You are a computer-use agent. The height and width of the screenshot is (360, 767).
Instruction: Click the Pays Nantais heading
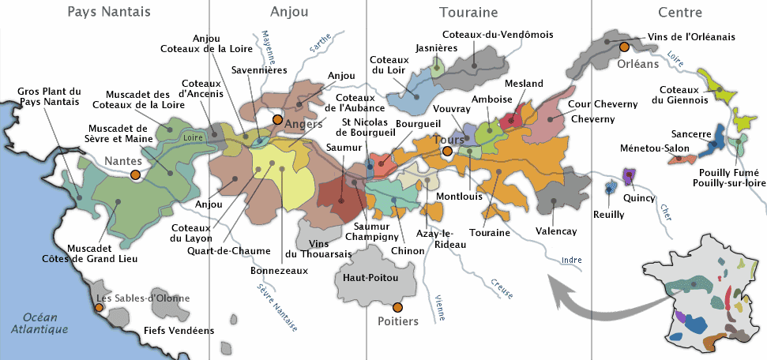(x=109, y=12)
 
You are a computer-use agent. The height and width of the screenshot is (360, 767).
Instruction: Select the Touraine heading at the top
(x=468, y=12)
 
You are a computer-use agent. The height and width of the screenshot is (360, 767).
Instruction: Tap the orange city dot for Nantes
(x=136, y=174)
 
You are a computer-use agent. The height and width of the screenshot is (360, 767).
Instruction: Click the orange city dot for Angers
(x=277, y=119)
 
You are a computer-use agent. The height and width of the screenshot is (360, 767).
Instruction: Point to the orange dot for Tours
(x=447, y=151)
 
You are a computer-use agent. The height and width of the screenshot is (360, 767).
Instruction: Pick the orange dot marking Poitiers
(x=397, y=306)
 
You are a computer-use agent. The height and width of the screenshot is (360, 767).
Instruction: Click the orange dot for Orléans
(x=625, y=46)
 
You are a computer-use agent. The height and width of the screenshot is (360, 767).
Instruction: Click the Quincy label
(x=639, y=198)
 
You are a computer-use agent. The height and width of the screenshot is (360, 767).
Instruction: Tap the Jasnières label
(x=437, y=48)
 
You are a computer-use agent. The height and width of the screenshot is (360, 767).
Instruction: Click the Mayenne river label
(x=268, y=50)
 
